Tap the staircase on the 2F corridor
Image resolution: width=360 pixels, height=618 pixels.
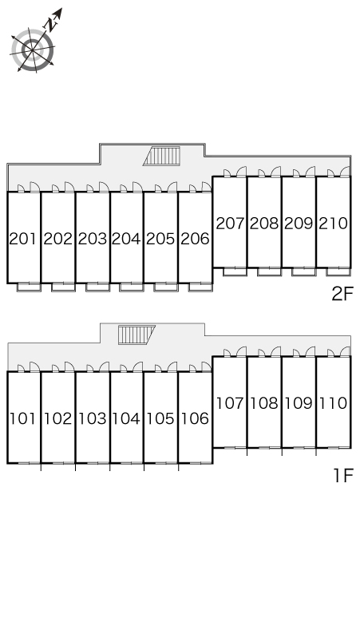[162, 156]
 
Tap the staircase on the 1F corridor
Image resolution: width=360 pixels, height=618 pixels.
[136, 335]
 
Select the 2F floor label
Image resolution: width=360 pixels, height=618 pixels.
[342, 294]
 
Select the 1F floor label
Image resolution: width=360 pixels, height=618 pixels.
[343, 475]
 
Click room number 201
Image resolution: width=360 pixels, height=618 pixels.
[23, 239]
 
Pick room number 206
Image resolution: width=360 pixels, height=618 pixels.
[195, 239]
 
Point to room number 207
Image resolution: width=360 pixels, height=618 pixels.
[230, 224]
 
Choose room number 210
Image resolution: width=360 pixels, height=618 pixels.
[333, 224]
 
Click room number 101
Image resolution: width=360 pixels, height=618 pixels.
[23, 418]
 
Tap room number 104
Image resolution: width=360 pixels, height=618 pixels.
[126, 418]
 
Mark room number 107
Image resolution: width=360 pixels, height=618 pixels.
[230, 403]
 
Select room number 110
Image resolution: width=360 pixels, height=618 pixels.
[333, 403]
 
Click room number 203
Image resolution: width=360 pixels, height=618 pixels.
[92, 239]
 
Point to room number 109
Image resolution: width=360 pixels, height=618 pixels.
[299, 403]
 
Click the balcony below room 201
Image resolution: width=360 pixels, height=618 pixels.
[29, 287]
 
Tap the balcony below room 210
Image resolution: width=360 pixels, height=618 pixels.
[338, 271]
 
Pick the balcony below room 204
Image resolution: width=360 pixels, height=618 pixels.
[132, 287]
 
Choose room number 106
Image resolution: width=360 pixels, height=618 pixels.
[195, 418]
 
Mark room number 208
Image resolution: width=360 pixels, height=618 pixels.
[264, 224]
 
